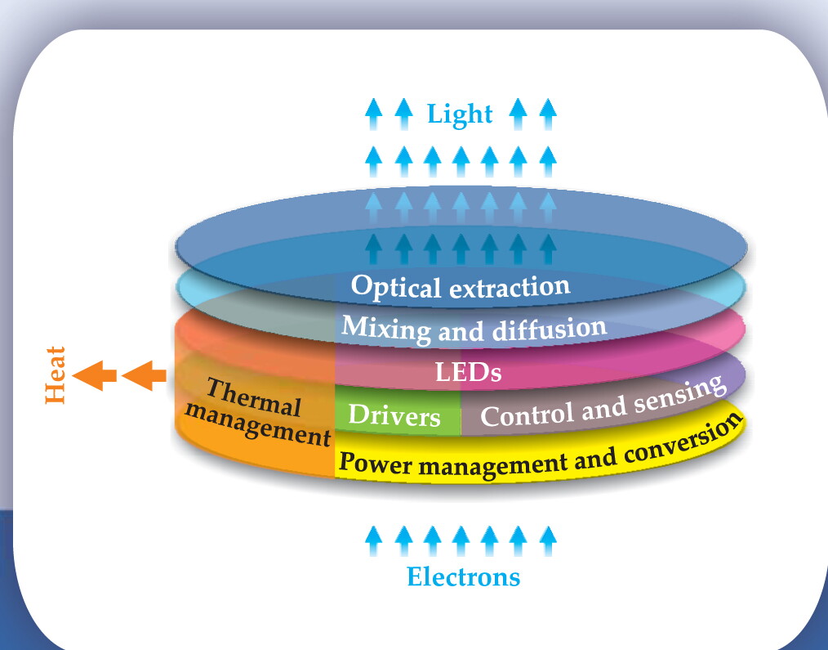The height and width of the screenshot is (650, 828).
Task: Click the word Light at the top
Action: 460,114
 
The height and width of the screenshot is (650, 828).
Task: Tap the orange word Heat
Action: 56,375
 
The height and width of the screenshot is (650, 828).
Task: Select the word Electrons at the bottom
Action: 463,576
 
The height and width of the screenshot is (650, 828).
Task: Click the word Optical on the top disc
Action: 395,286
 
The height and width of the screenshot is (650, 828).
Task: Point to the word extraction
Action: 510,287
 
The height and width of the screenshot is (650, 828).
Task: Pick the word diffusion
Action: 550,329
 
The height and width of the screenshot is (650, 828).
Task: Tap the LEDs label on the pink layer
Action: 468,372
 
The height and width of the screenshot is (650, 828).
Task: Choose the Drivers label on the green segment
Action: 394,415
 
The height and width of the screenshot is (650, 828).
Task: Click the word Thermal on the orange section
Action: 254,397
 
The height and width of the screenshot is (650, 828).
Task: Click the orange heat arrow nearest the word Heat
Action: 95,375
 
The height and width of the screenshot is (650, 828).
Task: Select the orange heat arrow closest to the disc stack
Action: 144,375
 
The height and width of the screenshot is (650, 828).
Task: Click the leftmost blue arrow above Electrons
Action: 373,540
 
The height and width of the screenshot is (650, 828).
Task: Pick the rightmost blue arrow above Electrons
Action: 548,540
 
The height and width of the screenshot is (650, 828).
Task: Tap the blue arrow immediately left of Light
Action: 404,114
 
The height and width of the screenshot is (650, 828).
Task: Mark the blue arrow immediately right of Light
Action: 518,114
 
